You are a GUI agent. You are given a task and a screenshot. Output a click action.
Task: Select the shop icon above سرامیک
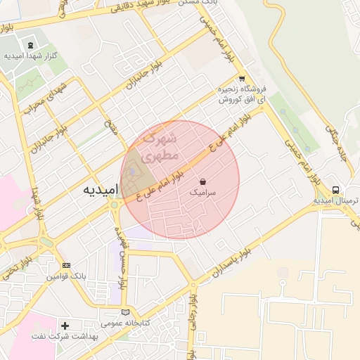point(203,180)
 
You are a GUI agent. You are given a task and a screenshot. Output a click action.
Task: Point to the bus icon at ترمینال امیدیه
point(336,190)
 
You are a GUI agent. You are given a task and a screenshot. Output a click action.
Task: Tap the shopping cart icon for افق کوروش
point(242,79)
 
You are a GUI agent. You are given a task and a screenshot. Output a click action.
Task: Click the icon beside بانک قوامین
point(66,265)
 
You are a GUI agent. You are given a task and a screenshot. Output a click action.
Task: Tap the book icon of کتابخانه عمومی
point(125,311)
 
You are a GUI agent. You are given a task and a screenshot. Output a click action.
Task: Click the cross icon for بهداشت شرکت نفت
point(65,326)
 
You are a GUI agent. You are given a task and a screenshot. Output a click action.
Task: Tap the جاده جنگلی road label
point(335,140)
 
